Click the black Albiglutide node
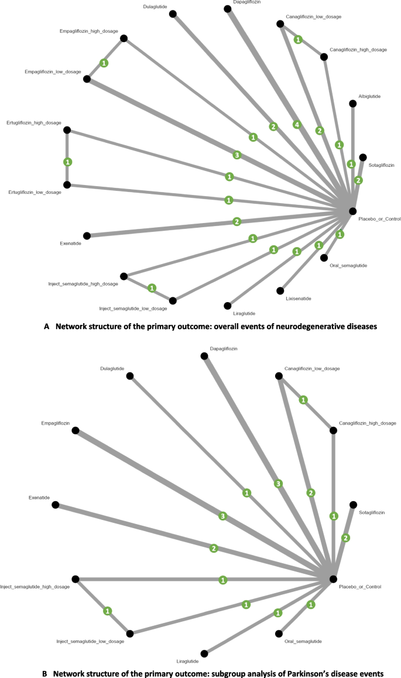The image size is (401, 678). pos(352,104)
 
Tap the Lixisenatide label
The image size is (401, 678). pos(299,299)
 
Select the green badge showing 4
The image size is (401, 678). pos(297,125)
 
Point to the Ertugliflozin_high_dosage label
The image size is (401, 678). pos(34,122)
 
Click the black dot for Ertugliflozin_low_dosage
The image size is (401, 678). pos(67,184)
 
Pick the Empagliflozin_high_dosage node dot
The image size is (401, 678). pos(124,39)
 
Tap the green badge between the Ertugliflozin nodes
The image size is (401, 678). pos(67,162)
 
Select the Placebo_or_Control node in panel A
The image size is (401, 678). pos(352,211)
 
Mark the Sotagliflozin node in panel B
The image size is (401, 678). pos(352,504)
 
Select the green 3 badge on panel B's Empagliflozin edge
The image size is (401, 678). pos(222,516)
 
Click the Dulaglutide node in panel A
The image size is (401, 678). pos(173,15)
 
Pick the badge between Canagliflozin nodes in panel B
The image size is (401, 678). pos(303,399)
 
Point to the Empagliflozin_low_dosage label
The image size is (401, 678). pos(52,71)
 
